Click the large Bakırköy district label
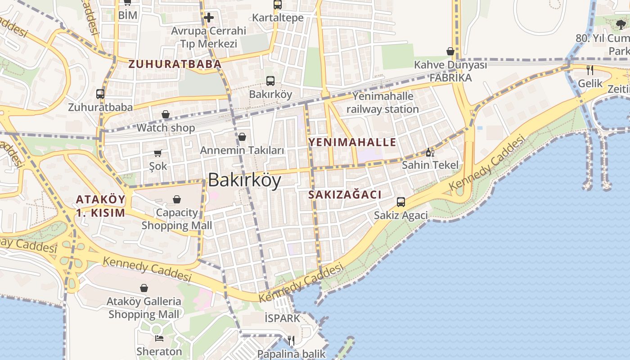244,180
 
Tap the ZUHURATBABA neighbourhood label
175,64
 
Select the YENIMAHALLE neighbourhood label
352,143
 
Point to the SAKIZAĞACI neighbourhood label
345,195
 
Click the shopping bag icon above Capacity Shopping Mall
177,199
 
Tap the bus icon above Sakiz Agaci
400,202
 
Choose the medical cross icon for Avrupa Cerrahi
208,18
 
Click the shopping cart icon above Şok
158,153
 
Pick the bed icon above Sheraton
159,338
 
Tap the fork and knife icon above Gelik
590,70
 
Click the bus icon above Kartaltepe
278,5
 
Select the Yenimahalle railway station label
382,103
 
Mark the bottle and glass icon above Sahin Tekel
430,152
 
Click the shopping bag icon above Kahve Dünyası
450,52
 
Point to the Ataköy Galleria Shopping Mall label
144,308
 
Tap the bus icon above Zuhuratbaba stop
100,94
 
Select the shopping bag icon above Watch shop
166,115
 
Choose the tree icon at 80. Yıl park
621,25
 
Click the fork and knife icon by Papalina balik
291,341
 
